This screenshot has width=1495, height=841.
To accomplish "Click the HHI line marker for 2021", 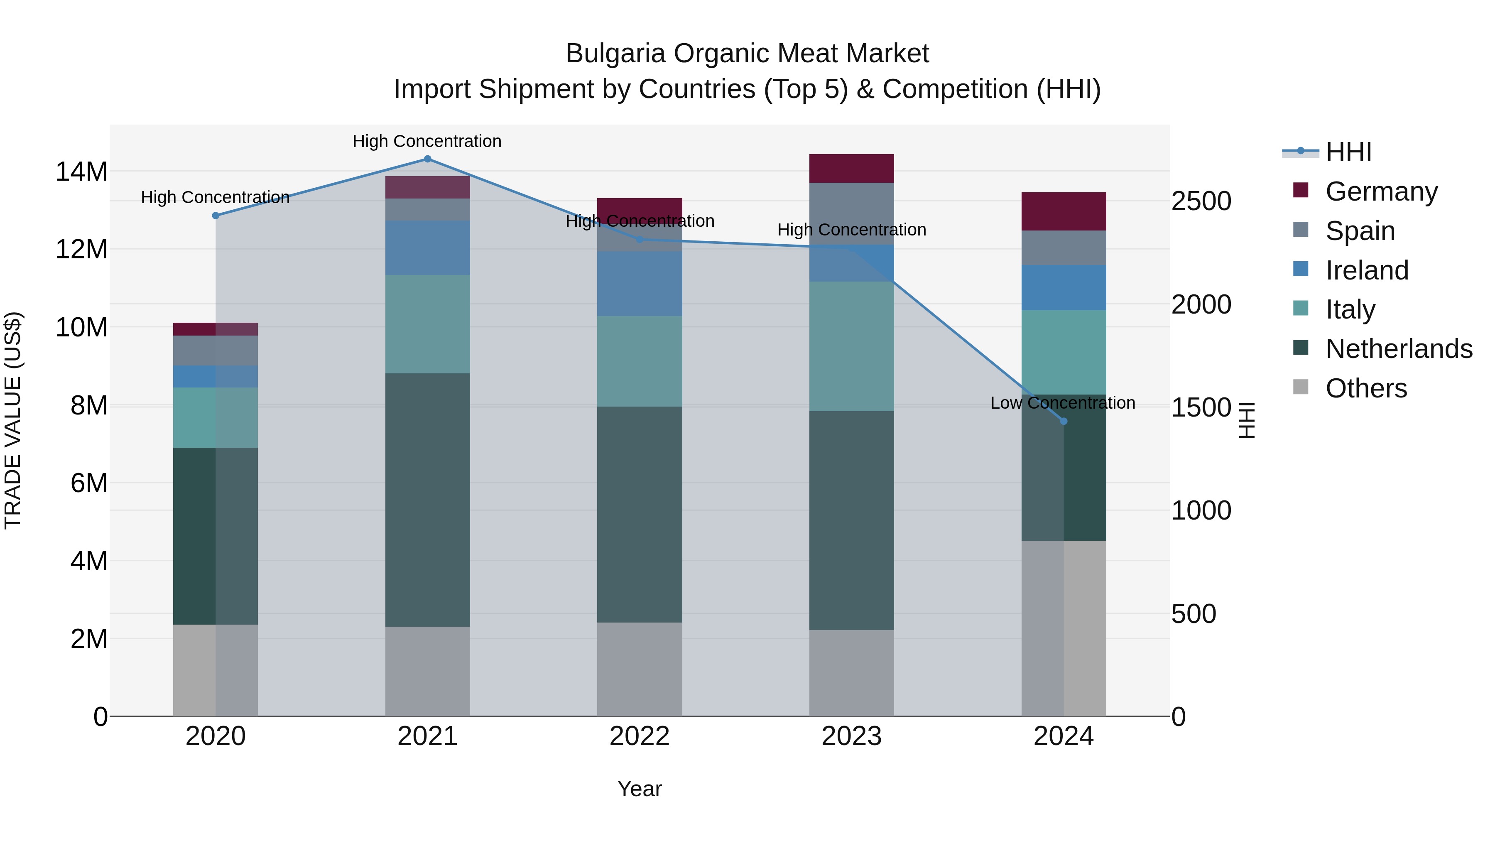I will click(x=427, y=159).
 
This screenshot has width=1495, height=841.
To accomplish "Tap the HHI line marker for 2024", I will click(x=1063, y=422).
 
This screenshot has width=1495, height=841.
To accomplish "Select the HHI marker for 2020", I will click(x=216, y=215).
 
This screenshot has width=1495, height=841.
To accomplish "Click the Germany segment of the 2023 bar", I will click(x=851, y=168).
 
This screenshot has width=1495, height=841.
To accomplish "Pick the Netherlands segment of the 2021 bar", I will click(x=427, y=499).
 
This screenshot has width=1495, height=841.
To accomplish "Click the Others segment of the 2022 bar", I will click(x=640, y=669).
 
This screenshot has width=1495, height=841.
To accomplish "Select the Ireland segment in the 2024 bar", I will click(x=1063, y=287).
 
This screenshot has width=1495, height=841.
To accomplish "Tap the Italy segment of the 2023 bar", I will click(x=851, y=346).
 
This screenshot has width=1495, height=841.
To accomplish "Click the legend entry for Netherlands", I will click(x=1398, y=349).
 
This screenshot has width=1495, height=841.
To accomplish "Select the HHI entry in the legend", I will click(x=1348, y=152).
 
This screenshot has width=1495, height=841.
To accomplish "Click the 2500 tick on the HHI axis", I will click(x=1201, y=201).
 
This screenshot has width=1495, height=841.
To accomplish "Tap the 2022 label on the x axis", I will click(x=640, y=736).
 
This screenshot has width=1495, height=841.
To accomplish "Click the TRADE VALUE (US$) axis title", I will click(x=13, y=420).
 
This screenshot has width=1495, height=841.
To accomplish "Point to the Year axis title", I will click(x=640, y=789).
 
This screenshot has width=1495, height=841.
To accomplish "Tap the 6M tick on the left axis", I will click(x=89, y=483).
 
